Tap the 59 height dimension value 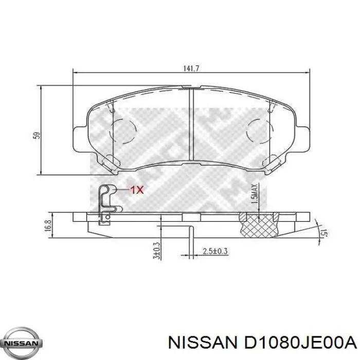[x=36, y=136]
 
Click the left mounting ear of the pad [x=80, y=138]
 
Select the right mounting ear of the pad [x=303, y=138]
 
